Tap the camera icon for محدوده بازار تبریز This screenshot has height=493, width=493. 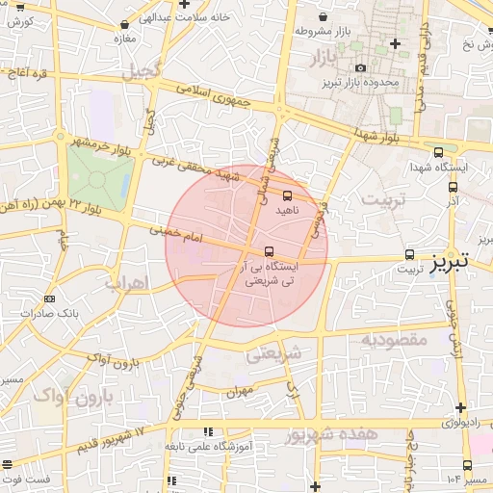(x=360, y=67)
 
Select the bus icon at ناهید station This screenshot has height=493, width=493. (x=287, y=195)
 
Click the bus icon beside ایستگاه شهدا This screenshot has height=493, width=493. (x=439, y=152)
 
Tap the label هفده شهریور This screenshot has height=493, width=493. (x=333, y=434)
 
